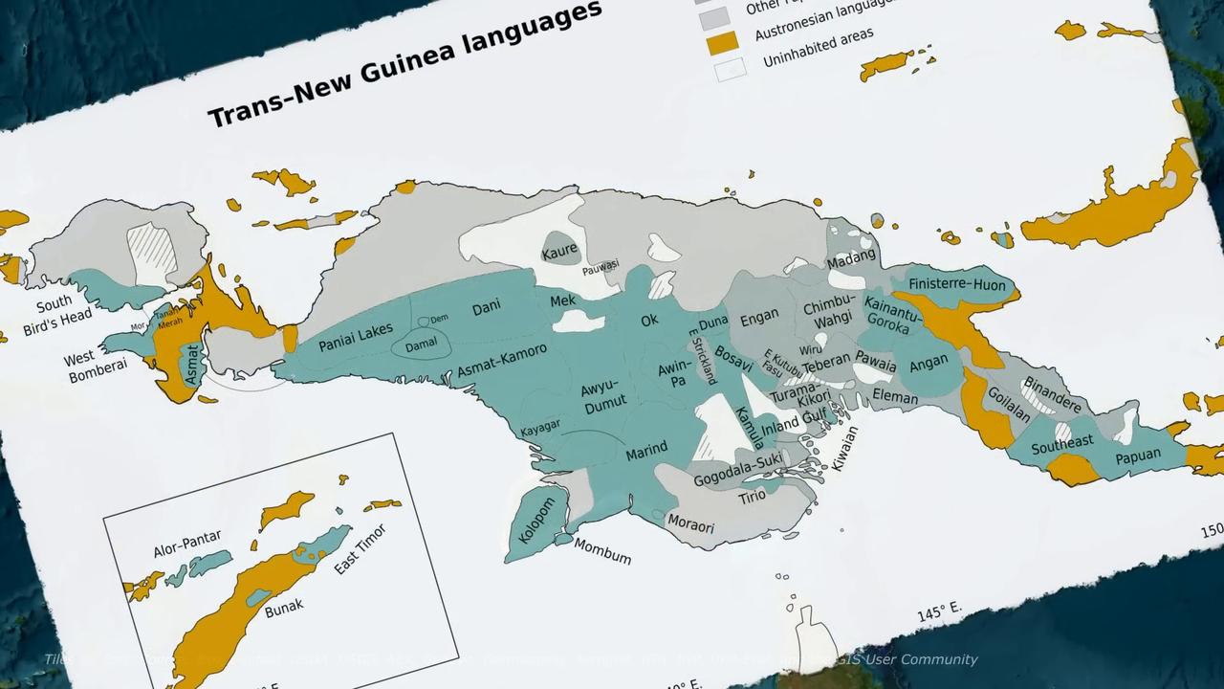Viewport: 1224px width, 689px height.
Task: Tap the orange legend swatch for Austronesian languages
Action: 722,43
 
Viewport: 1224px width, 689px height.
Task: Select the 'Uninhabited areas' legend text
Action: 819,47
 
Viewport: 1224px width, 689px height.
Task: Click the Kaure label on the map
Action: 559,251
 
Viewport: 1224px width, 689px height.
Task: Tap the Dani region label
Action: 487,308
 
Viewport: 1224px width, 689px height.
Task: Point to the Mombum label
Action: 602,551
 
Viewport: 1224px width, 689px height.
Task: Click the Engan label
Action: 759,318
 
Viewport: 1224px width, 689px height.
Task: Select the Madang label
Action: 851,259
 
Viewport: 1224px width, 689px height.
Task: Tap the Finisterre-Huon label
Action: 957,284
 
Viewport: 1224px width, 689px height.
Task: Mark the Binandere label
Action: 1052,394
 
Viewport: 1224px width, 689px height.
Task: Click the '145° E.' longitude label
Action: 939,611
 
